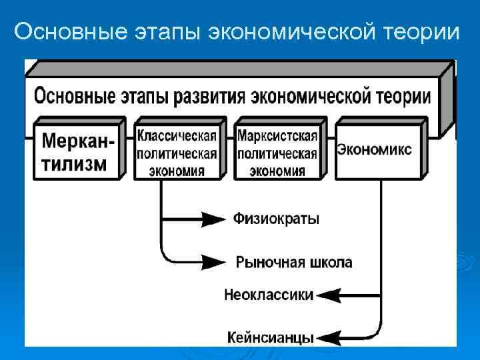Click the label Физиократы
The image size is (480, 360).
point(276,219)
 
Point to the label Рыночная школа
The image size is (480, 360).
point(294,262)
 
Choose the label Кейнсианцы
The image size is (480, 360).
point(270,337)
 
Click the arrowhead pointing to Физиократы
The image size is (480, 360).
point(213,219)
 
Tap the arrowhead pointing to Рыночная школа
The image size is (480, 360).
point(215,261)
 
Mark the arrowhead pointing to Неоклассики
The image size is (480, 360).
point(329,295)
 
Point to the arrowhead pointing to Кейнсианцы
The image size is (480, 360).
point(329,337)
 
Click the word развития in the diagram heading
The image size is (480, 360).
point(210,96)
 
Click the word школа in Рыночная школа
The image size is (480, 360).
point(329,262)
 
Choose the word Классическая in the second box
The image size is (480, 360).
point(177,136)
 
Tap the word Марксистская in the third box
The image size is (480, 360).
point(277,136)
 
